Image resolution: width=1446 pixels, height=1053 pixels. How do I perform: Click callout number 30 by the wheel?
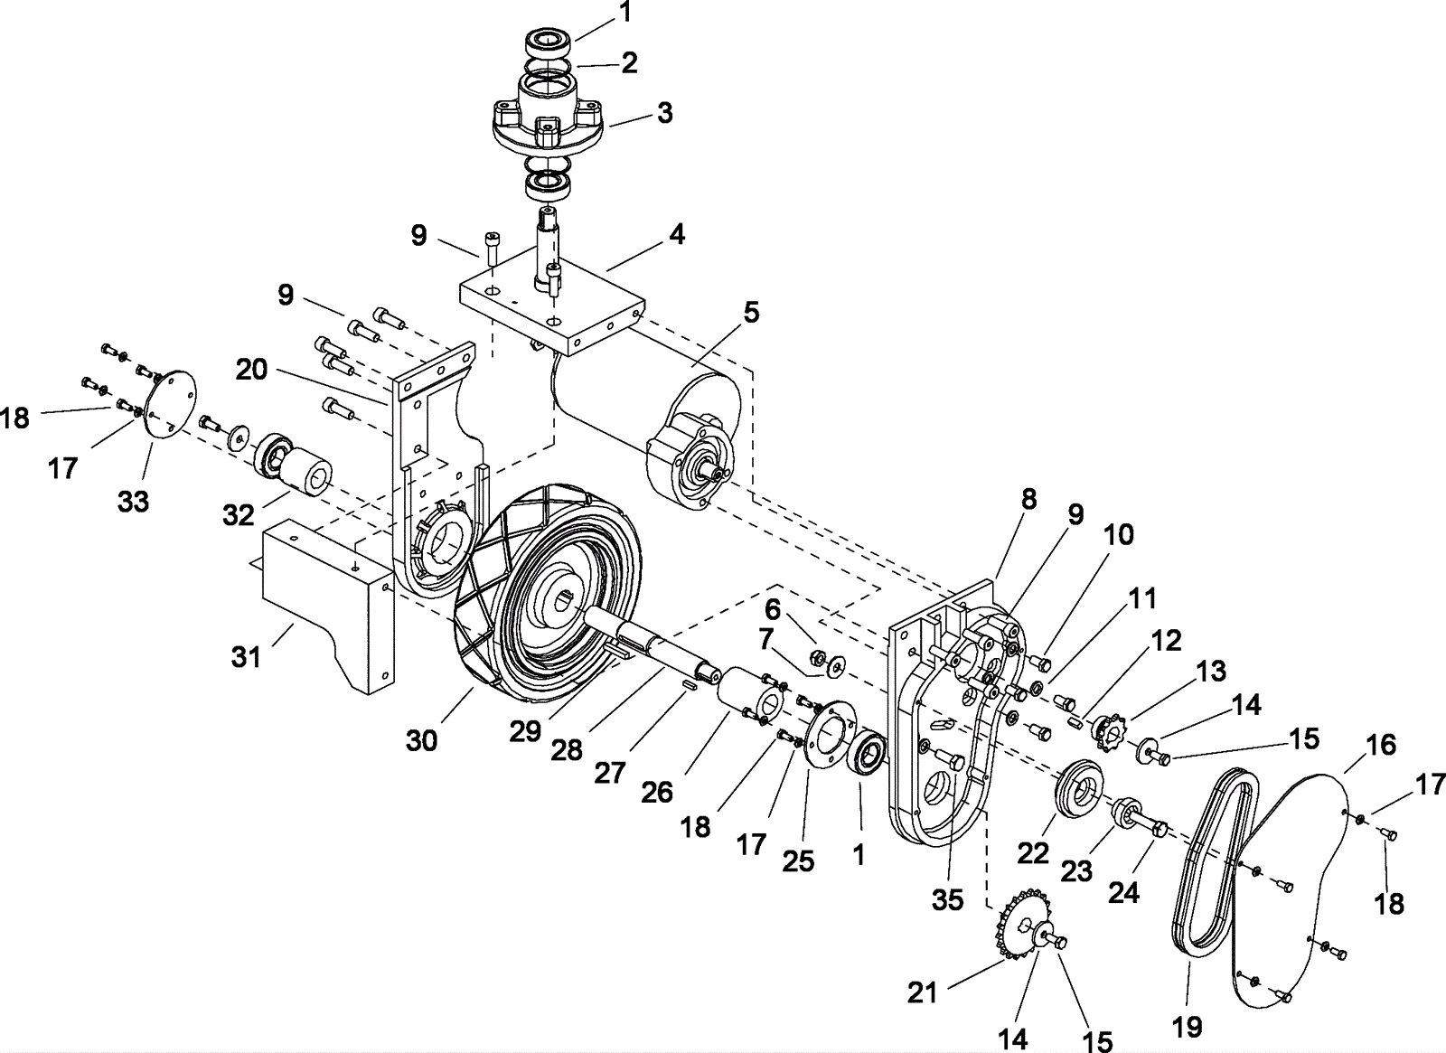tap(421, 740)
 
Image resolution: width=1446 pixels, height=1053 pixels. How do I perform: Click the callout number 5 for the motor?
tap(751, 313)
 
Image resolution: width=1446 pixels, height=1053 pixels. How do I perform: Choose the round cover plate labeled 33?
tap(170, 406)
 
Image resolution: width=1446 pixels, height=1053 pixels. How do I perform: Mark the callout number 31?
tap(247, 657)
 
